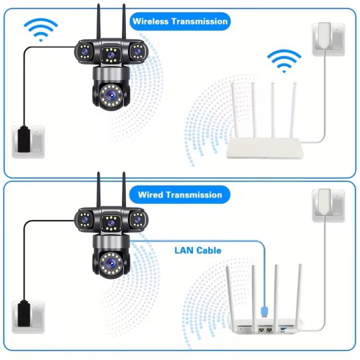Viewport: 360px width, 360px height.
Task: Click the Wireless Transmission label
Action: [x=180, y=21]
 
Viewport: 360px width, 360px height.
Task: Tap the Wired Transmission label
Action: [x=180, y=195]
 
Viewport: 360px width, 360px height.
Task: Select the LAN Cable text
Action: [x=198, y=250]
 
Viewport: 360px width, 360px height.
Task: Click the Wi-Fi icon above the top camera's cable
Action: [x=41, y=29]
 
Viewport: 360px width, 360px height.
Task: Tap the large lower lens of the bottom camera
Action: [x=111, y=262]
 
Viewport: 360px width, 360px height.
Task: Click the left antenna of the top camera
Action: [x=99, y=23]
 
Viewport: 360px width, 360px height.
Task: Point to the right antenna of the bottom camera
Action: [x=124, y=190]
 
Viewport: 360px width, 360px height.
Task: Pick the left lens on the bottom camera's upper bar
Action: [x=84, y=220]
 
